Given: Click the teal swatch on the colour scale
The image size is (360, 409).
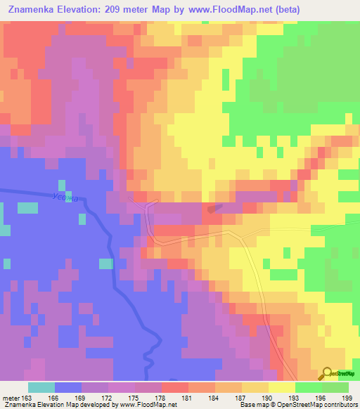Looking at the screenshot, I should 41,388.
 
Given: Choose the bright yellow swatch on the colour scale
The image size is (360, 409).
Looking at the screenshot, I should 281,388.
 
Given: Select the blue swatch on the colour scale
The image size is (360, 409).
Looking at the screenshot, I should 67,388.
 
